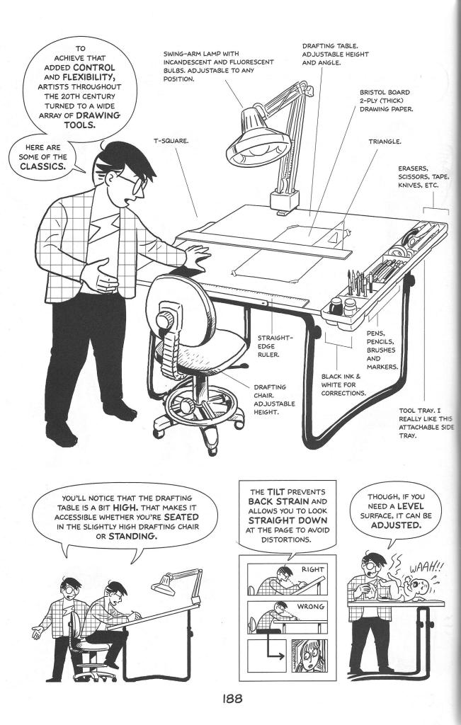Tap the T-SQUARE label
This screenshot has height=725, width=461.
tap(172, 141)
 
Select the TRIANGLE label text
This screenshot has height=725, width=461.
tap(385, 141)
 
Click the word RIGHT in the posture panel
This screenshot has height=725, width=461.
tap(312, 569)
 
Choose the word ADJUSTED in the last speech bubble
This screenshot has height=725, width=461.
tap(398, 528)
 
